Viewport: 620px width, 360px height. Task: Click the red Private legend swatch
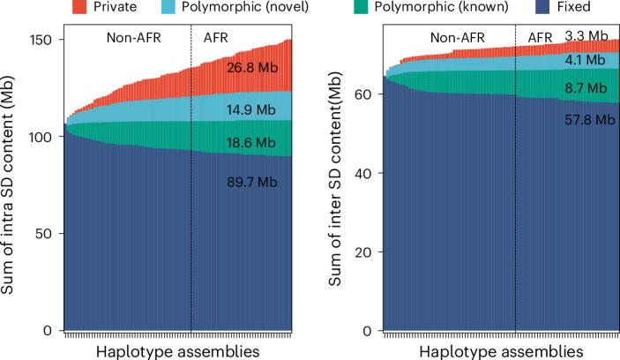click(x=79, y=8)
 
